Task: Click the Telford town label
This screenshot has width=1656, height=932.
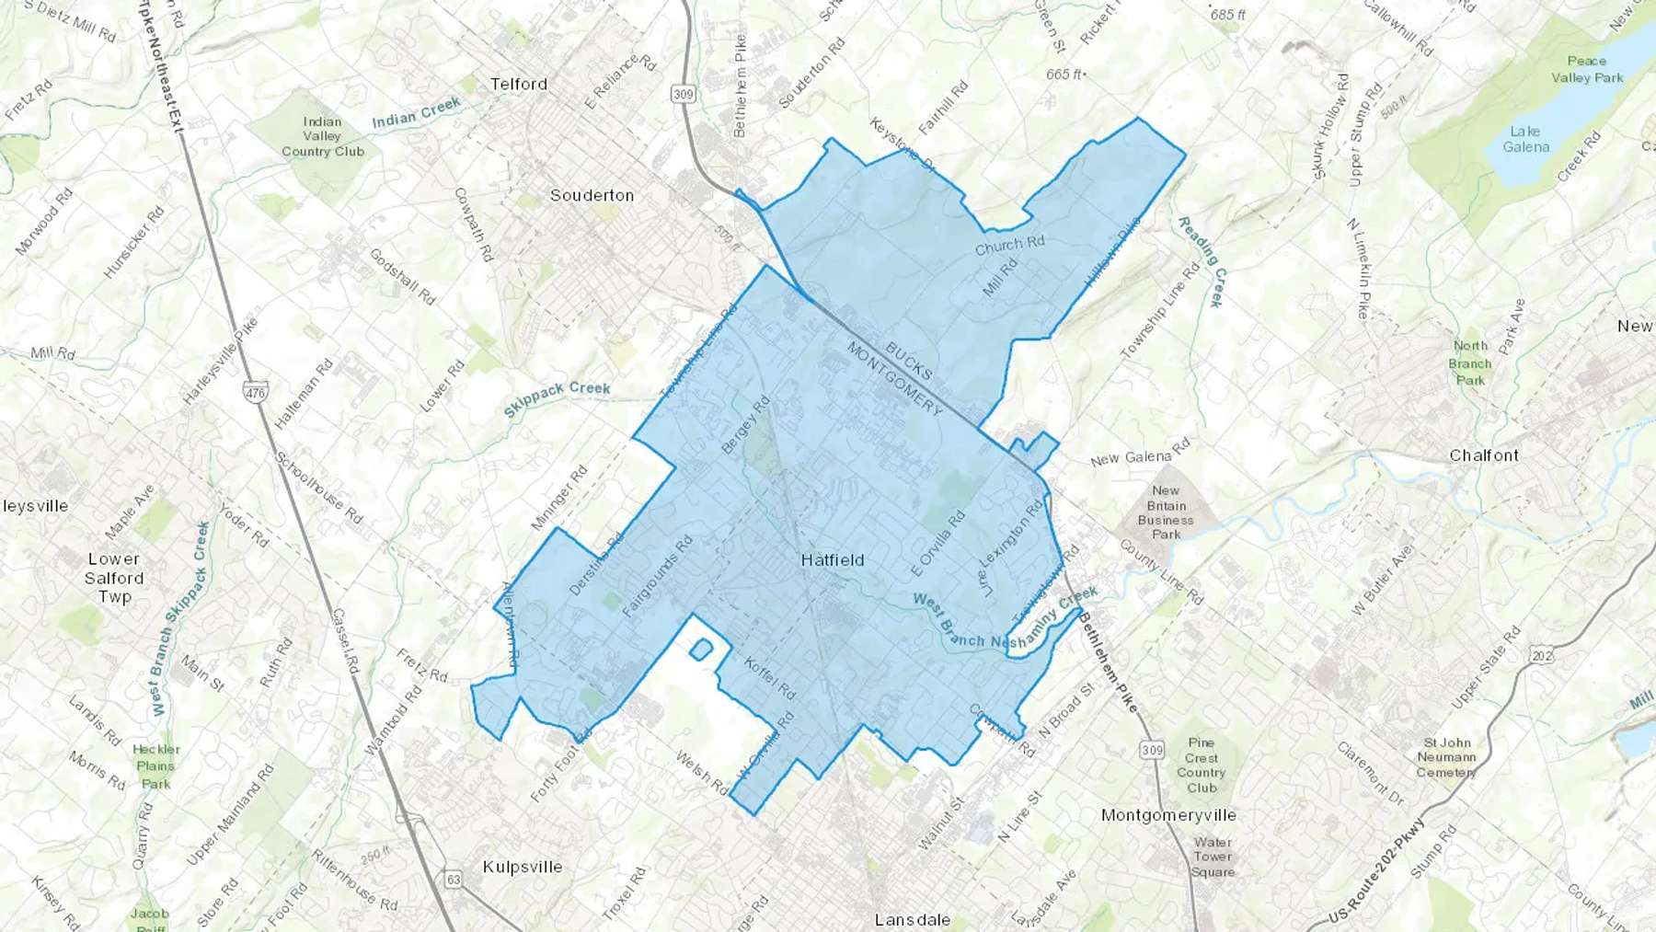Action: (x=518, y=84)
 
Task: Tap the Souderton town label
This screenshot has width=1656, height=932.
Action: (x=592, y=195)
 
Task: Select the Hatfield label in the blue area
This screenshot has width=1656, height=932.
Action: (x=832, y=559)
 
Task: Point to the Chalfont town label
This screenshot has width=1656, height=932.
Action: (x=1484, y=455)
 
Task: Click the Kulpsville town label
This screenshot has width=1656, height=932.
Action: (x=522, y=867)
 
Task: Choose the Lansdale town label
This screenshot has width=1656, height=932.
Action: (x=912, y=919)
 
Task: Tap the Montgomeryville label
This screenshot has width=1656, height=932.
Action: (x=1168, y=815)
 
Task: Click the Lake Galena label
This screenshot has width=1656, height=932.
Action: (x=1525, y=139)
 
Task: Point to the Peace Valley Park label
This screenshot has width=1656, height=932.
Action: (x=1587, y=69)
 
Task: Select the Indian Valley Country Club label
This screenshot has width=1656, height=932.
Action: (x=322, y=136)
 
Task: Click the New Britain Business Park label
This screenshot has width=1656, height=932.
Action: (x=1166, y=512)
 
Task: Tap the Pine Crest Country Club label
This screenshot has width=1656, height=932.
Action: (x=1201, y=765)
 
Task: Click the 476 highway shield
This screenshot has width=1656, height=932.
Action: (x=255, y=393)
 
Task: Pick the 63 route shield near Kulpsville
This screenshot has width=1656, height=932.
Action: (x=453, y=879)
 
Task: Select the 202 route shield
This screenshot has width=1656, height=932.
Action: (x=1542, y=655)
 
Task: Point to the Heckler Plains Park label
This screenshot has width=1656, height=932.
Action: (x=155, y=766)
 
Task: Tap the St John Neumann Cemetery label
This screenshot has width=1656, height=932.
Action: (x=1446, y=757)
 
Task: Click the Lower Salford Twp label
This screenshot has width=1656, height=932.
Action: (x=114, y=578)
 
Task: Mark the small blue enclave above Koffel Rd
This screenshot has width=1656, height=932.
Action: (x=700, y=650)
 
